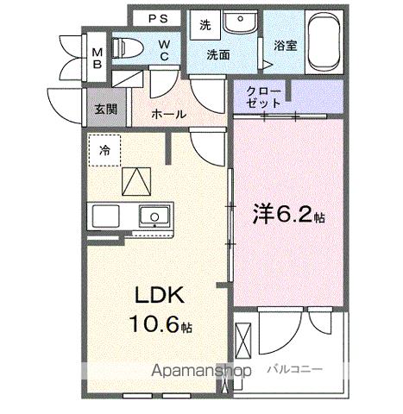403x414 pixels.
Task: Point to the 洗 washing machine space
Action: coord(205,26)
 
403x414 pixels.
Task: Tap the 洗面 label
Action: coord(217,53)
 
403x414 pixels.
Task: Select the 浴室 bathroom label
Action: coord(286,46)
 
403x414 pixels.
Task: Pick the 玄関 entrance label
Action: coord(106,110)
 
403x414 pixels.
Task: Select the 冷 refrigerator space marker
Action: coord(104,149)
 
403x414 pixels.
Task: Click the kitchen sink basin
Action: coord(154,216)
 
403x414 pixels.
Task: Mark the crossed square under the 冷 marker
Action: coord(135,181)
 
